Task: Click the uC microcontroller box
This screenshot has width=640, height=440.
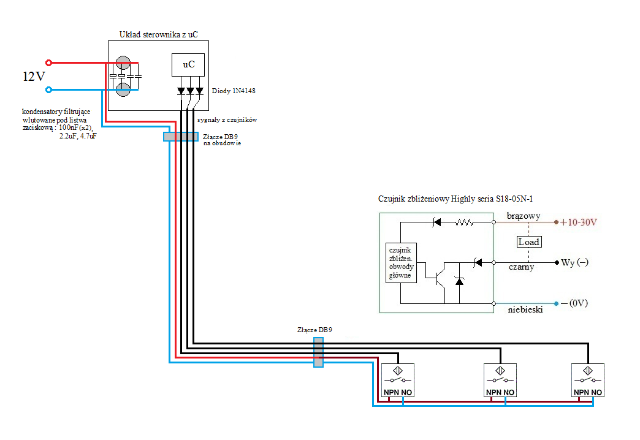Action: (x=188, y=65)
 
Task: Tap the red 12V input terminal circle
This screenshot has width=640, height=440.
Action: (x=48, y=63)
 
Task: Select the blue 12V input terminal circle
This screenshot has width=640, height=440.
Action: (x=48, y=90)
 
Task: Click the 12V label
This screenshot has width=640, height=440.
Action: (x=34, y=77)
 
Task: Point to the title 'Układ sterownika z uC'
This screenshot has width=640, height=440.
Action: (x=159, y=34)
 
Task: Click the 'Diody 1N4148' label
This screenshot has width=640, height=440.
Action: (x=234, y=91)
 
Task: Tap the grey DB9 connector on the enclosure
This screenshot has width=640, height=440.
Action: (x=181, y=137)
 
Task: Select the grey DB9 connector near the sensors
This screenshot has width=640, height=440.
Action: (x=318, y=352)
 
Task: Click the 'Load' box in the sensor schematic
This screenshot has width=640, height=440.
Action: (x=529, y=242)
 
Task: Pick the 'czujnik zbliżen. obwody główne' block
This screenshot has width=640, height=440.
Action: (x=401, y=263)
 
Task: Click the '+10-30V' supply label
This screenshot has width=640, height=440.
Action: (x=579, y=222)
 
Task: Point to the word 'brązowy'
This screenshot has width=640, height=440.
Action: (x=524, y=216)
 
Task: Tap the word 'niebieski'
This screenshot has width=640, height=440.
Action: (x=525, y=309)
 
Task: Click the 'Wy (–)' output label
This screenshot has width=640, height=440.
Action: (x=574, y=262)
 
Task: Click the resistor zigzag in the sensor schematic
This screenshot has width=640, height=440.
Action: (x=465, y=222)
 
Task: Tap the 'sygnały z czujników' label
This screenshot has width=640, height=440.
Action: (x=227, y=119)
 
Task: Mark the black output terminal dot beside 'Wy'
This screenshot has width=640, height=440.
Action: (x=557, y=262)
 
